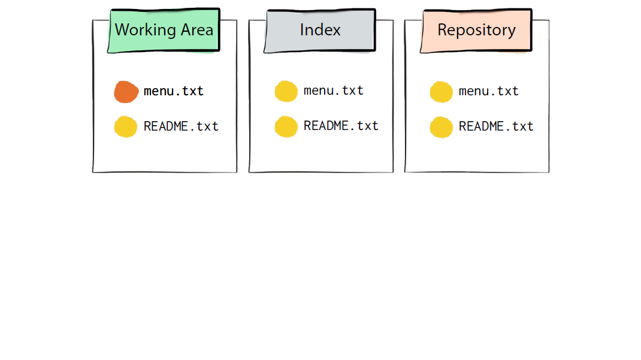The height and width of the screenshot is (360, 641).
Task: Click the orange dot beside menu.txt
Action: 126,92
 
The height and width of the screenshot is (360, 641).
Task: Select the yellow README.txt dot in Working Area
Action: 125,126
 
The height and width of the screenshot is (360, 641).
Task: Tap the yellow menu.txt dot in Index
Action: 286,91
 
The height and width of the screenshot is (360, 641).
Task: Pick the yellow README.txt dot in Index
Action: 286,126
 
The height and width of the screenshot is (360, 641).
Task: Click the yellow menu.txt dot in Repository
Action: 441,92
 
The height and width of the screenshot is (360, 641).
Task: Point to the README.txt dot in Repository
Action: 441,127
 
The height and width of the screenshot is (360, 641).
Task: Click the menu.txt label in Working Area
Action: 173,90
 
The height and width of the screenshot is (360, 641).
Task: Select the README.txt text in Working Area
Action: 181,126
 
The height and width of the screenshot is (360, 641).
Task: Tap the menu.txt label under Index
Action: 333,90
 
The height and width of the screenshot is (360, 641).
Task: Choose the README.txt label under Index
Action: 341,125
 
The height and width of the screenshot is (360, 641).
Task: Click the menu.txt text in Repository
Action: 488,90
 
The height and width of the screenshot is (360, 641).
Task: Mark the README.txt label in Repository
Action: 496,126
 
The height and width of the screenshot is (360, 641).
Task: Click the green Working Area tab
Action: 164,31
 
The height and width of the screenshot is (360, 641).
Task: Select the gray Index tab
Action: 320,31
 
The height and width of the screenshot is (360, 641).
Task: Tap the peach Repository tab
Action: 476,31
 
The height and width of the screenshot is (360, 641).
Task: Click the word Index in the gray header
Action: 320,30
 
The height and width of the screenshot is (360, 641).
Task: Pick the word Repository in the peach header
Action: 477,31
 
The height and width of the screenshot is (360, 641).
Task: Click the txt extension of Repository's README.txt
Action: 522,126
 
